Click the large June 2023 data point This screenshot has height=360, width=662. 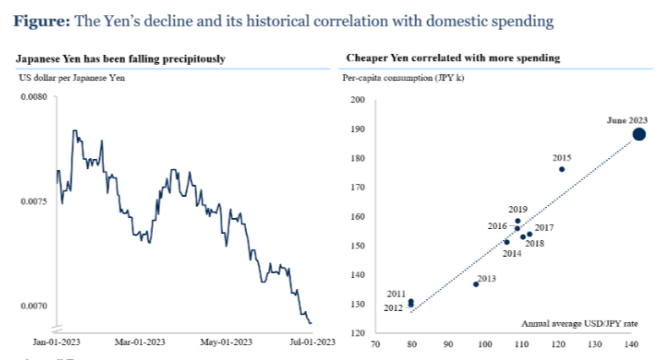pos(638,134)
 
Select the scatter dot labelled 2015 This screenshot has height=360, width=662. pos(561,169)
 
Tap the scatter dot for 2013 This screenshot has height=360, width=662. pos(476,284)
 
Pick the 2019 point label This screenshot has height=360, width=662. pos(518,209)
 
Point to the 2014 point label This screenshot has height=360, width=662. pos(512,253)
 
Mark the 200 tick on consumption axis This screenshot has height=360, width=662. pos(357,101)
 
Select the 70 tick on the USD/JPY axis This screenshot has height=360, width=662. pos(375,344)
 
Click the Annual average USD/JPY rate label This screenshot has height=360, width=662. pos(579,324)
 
